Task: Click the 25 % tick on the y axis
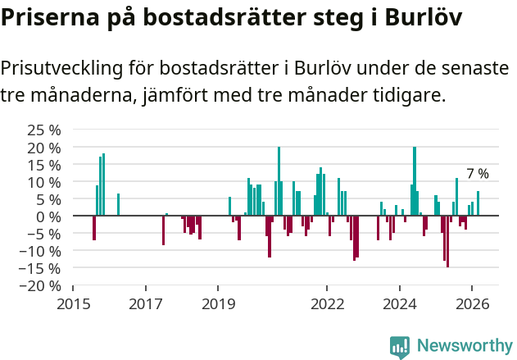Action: click(44, 130)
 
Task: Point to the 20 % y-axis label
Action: click(44, 148)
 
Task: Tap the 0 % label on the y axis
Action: click(49, 216)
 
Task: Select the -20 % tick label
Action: click(41, 285)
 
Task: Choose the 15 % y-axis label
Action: click(44, 165)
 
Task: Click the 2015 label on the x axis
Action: click(73, 303)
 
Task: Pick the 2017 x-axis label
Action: click(145, 303)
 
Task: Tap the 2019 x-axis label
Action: click(218, 303)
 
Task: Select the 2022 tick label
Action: click(327, 303)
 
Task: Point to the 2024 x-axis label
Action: click(399, 303)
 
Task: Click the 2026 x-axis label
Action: click(472, 303)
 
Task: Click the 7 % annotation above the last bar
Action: click(478, 174)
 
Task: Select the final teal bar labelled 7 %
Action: click(478, 203)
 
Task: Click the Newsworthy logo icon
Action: click(400, 347)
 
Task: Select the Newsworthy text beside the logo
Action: click(464, 347)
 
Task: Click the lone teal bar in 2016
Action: click(118, 205)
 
